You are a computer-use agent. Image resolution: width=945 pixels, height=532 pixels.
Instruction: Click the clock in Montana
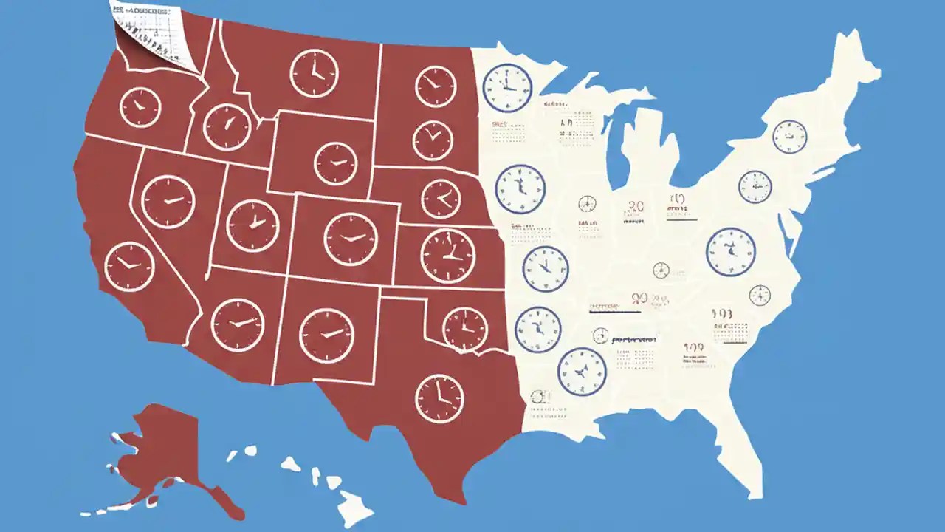pyautogui.click(x=314, y=73)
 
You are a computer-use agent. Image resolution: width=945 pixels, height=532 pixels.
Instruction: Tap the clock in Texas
pyautogui.click(x=439, y=398)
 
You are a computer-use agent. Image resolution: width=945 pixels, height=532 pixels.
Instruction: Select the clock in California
pyautogui.click(x=130, y=266)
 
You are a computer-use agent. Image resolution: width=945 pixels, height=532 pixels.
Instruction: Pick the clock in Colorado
pyautogui.click(x=351, y=239)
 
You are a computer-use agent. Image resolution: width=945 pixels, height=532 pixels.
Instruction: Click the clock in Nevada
pyautogui.click(x=168, y=202)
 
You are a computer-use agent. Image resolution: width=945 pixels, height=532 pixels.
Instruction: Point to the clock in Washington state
pyautogui.click(x=140, y=107)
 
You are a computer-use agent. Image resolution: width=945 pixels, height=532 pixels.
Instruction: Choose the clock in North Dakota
pyautogui.click(x=436, y=86)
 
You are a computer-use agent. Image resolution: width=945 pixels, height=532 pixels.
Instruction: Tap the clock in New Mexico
pyautogui.click(x=326, y=335)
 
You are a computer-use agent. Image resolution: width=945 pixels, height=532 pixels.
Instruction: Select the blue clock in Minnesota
pyautogui.click(x=507, y=88)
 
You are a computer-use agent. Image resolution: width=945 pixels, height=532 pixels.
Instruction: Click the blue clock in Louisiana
pyautogui.click(x=581, y=372)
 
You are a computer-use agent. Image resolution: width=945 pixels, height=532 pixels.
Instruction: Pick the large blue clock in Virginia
pyautogui.click(x=731, y=252)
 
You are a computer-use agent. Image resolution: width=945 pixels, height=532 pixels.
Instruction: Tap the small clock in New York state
pyautogui.click(x=790, y=137)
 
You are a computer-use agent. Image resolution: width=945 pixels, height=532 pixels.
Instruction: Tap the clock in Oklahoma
pyautogui.click(x=465, y=329)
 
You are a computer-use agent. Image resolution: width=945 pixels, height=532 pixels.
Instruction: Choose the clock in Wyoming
pyautogui.click(x=335, y=163)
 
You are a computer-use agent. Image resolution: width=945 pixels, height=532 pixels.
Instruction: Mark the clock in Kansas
pyautogui.click(x=447, y=256)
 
